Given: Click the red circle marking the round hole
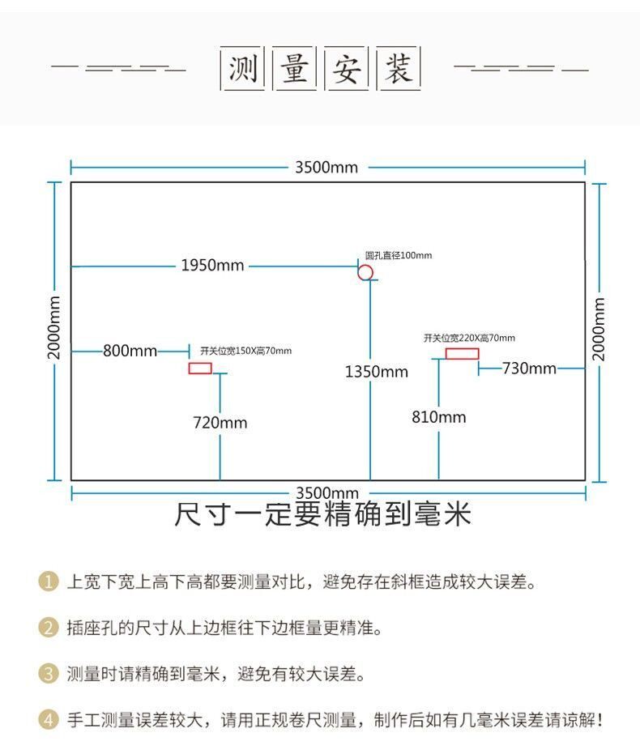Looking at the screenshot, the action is [x=365, y=272].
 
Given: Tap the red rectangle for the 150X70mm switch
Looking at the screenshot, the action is [x=200, y=369].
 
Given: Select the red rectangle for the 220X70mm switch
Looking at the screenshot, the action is [x=462, y=353].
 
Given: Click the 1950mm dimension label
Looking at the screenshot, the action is [x=212, y=265].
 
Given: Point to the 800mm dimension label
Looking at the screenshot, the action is [x=130, y=351].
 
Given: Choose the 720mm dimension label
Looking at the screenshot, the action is [x=220, y=422].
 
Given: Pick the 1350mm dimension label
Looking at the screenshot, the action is [x=377, y=371].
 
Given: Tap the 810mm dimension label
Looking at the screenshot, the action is [x=439, y=417].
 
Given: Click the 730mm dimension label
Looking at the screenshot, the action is [x=529, y=368].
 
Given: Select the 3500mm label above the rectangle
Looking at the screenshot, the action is [x=326, y=168].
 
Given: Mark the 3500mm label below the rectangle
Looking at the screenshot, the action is [x=326, y=492].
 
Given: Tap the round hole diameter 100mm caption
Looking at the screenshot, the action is [x=398, y=255].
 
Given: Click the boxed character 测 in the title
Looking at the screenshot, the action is [x=242, y=69].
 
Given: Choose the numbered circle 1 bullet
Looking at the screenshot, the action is [x=49, y=582].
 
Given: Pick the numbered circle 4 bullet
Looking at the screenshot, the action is [x=49, y=719].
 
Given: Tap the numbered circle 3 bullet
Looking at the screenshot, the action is [x=49, y=673].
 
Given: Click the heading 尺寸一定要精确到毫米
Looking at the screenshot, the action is [x=322, y=515].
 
